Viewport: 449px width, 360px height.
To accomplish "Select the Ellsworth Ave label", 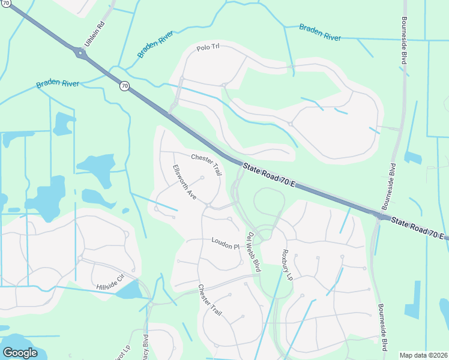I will coord(184,182).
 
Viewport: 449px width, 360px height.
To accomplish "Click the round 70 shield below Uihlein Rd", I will coord(124,86).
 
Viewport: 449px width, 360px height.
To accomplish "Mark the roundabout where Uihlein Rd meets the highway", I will coord(81,53).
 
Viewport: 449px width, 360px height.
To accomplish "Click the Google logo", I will coord(20,352).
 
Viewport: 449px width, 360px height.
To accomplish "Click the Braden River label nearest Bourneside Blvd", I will coord(321,32).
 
